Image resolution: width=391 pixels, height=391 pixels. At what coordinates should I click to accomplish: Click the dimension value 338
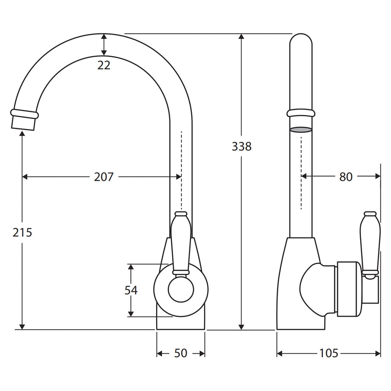(241, 146)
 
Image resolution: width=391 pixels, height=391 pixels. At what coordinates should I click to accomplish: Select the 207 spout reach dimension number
(104, 177)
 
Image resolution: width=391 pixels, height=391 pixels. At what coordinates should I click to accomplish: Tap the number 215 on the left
(22, 232)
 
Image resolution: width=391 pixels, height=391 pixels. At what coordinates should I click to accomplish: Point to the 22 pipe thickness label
(104, 65)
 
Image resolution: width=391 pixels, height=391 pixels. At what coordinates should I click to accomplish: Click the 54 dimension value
(131, 290)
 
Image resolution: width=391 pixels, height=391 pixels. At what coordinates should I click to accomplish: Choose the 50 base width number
(181, 353)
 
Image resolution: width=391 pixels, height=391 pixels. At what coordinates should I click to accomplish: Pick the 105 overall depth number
(329, 353)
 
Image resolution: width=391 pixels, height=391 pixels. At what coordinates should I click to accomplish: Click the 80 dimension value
(346, 177)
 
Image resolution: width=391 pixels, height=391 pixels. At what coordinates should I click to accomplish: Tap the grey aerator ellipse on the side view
(301, 130)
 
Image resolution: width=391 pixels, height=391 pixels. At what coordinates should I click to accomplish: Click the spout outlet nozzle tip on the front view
(23, 123)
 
